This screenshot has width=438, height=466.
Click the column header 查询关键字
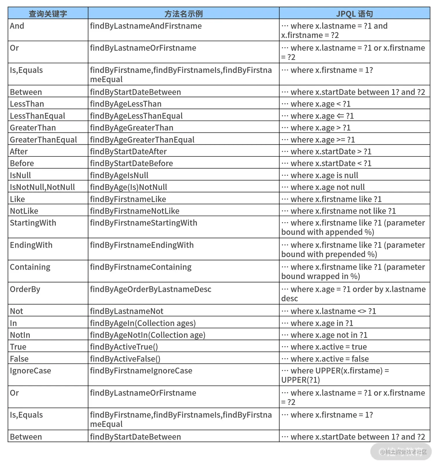click(x=48, y=14)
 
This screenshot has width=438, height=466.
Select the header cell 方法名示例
click(x=183, y=14)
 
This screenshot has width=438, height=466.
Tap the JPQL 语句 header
click(x=354, y=14)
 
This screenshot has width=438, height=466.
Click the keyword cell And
click(x=17, y=26)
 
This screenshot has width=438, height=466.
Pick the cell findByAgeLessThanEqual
click(x=136, y=116)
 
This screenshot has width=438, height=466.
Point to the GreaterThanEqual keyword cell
click(x=43, y=140)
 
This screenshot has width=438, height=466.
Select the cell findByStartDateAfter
click(x=128, y=152)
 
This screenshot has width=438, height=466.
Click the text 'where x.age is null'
click(x=324, y=175)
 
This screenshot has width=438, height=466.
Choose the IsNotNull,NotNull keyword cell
click(x=42, y=187)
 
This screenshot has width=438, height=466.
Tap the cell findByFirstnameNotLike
click(x=135, y=211)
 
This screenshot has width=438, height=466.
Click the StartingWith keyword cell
click(x=33, y=223)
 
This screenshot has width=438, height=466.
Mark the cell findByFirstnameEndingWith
click(x=142, y=245)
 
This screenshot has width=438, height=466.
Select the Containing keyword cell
click(x=30, y=267)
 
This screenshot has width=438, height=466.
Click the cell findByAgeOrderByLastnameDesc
click(x=151, y=289)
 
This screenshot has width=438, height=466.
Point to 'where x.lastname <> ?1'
click(x=333, y=311)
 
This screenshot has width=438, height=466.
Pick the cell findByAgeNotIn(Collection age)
click(x=148, y=335)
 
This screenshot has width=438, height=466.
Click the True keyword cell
click(x=18, y=347)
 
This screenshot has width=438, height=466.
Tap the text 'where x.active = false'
click(x=329, y=359)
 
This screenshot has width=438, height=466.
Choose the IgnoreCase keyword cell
click(x=30, y=371)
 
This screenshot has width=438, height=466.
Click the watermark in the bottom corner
click(x=403, y=452)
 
